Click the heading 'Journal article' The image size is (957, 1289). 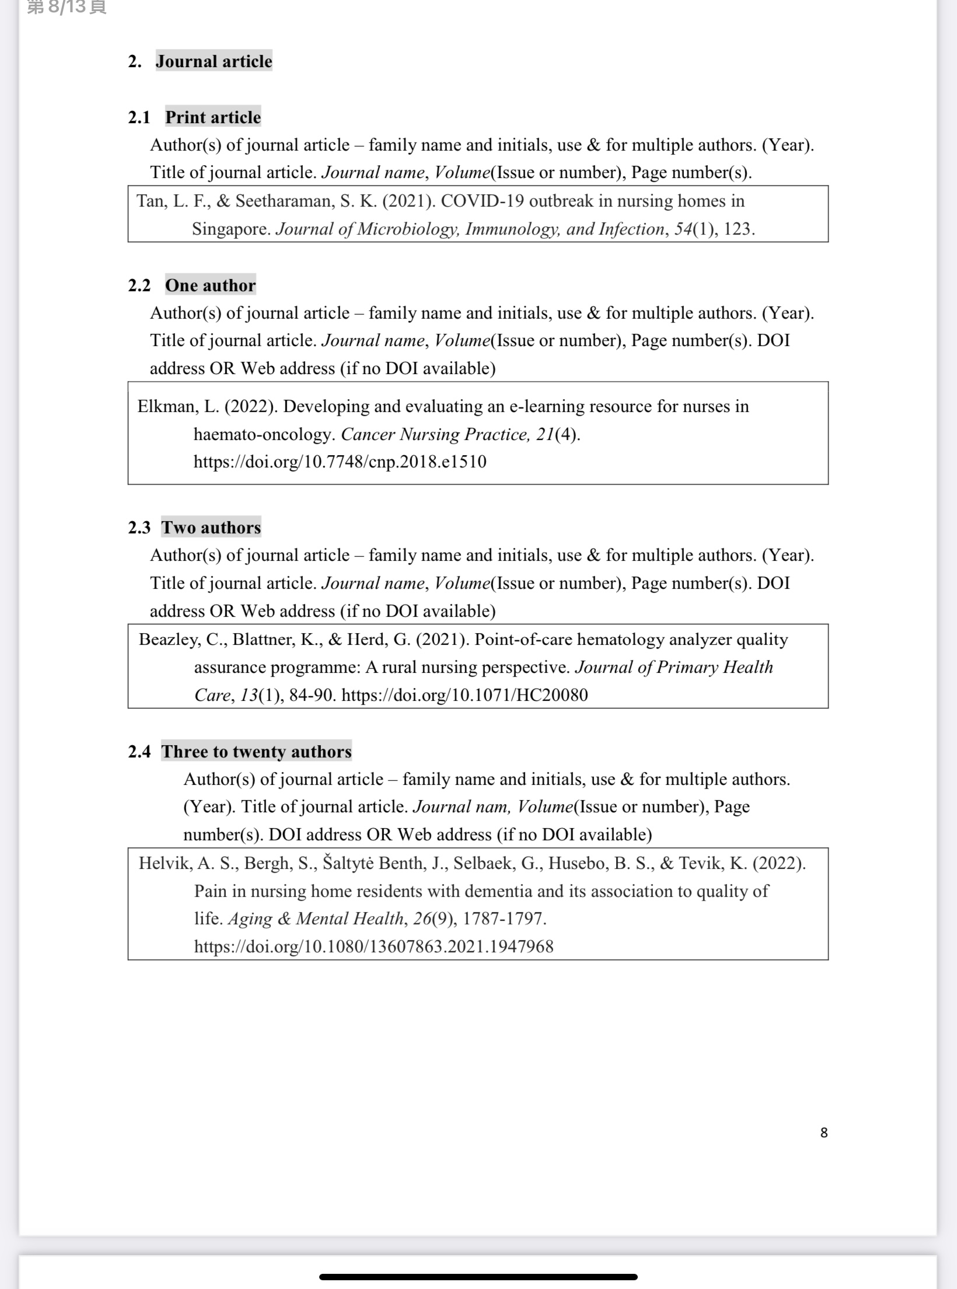click(x=214, y=61)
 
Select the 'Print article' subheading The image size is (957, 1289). click(x=213, y=117)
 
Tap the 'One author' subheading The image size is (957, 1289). click(x=210, y=285)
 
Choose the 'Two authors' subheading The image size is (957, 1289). click(x=211, y=528)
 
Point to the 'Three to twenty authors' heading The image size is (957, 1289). click(x=257, y=752)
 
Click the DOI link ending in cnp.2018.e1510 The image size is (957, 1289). click(x=340, y=462)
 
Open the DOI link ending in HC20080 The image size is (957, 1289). click(x=464, y=695)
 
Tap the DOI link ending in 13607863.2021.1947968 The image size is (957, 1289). click(x=373, y=946)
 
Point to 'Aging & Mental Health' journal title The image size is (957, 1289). click(x=316, y=918)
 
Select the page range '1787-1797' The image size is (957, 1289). click(x=504, y=918)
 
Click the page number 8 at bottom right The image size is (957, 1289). click(x=823, y=1133)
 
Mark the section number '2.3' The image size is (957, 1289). click(x=139, y=528)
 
